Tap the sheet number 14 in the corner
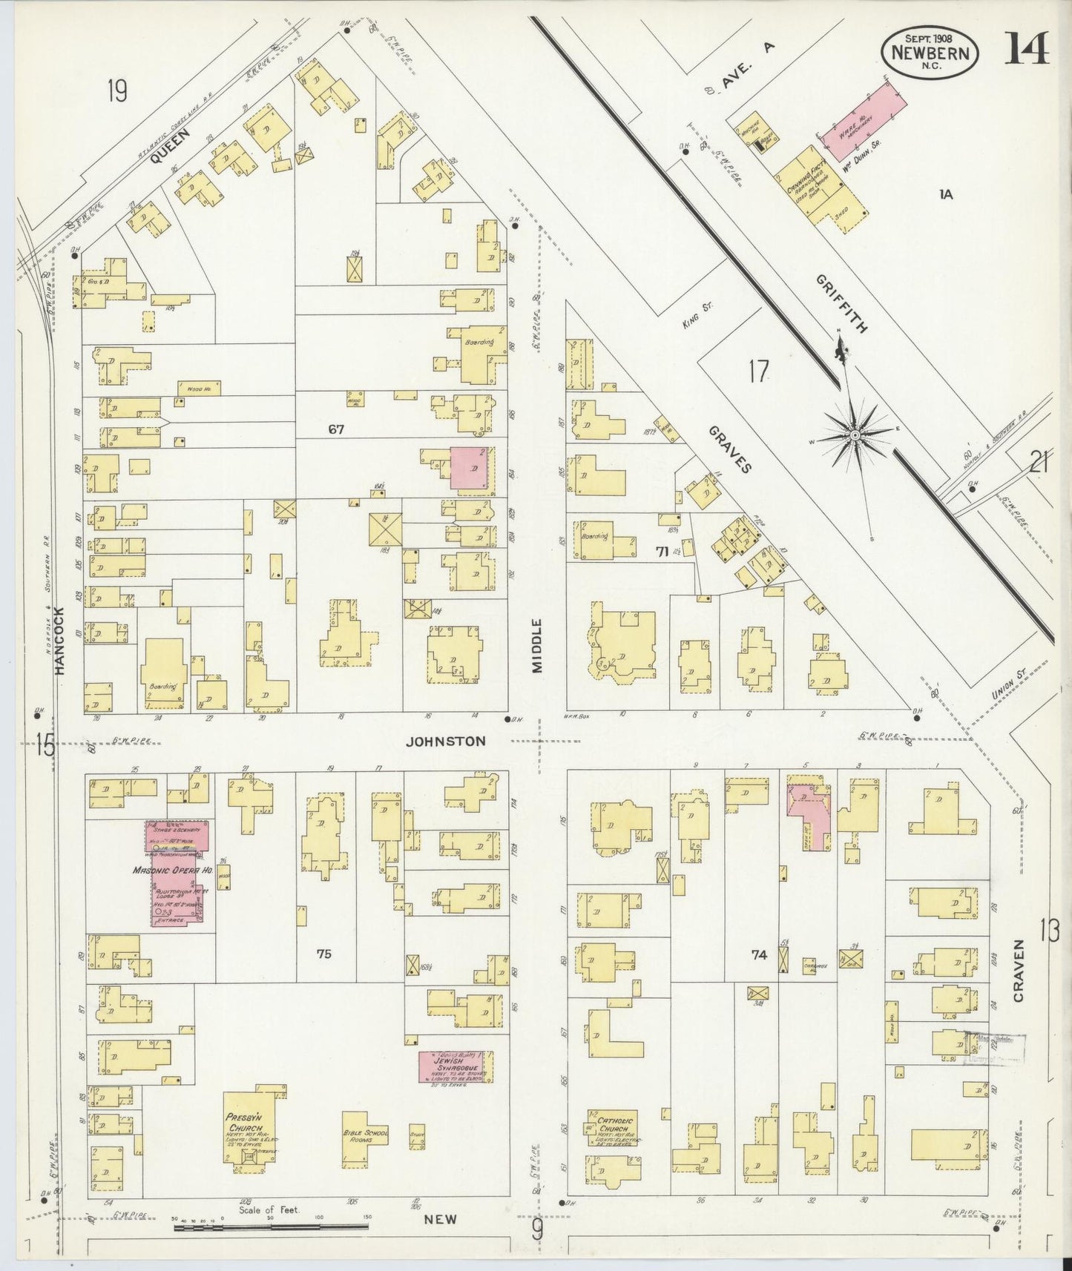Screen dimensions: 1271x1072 click(1027, 49)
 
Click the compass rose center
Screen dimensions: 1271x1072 click(855, 435)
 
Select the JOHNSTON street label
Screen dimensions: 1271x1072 click(446, 741)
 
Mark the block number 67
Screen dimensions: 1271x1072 click(337, 429)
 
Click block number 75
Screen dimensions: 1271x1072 click(323, 954)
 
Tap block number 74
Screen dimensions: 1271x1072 click(758, 955)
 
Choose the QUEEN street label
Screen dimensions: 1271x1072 click(170, 146)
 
